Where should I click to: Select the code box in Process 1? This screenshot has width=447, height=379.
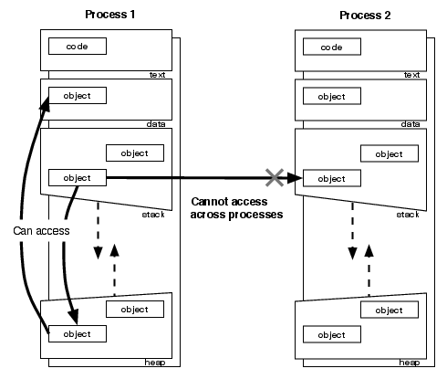click(78, 45)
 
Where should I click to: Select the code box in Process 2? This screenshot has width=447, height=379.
click(331, 45)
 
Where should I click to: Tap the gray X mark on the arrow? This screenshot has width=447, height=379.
click(272, 177)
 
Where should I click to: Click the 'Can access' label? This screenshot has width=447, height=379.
click(41, 230)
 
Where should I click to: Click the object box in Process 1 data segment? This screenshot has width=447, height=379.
click(78, 95)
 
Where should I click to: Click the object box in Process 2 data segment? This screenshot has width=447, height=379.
click(331, 95)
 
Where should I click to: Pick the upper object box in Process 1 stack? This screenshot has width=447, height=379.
click(134, 153)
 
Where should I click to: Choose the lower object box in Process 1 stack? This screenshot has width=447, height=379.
click(78, 177)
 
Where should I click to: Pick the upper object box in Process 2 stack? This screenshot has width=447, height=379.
click(388, 153)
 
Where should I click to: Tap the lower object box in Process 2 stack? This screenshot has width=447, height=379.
click(331, 177)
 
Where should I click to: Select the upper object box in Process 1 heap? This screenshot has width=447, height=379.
click(134, 310)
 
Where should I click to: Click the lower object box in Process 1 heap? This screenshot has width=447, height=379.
click(78, 333)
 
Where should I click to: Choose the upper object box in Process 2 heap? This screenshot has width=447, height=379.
click(388, 310)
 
